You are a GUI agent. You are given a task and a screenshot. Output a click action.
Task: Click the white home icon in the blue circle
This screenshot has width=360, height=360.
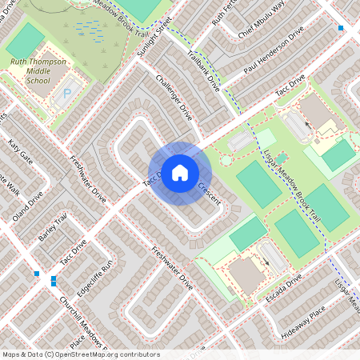click(180, 172)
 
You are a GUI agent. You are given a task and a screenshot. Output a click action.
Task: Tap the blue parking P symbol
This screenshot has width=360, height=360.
click(66, 93)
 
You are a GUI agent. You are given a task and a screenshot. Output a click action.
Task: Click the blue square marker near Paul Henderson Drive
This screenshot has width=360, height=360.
click(342, 28)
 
